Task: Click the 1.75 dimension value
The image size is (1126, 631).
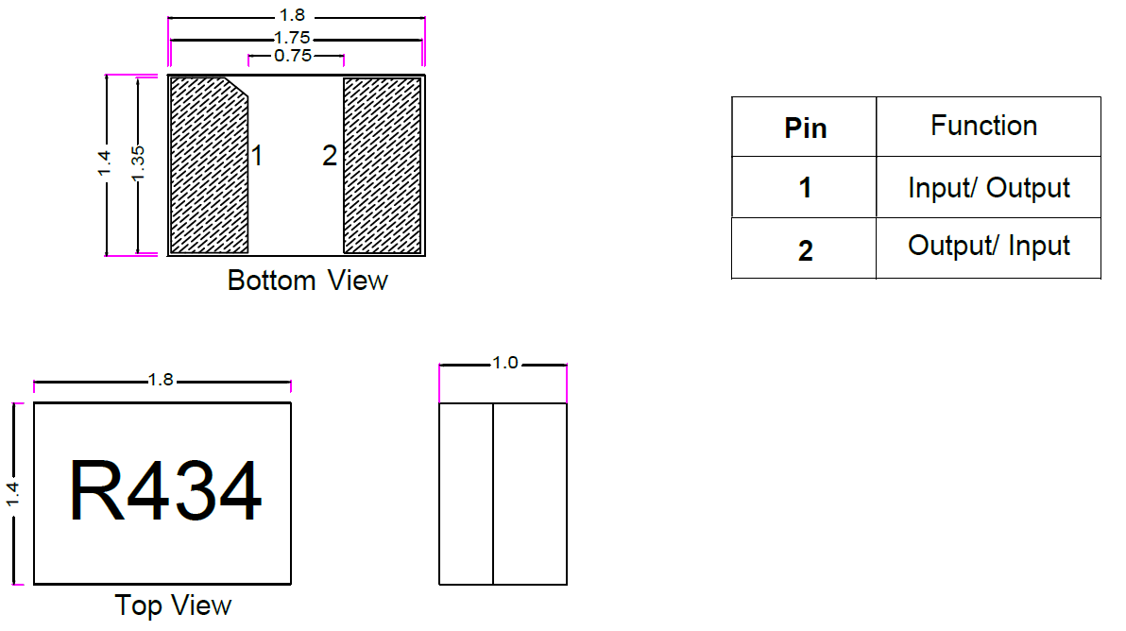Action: pyautogui.click(x=294, y=39)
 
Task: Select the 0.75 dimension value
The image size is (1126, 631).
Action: pyautogui.click(x=294, y=57)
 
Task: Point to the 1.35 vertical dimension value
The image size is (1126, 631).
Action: pyautogui.click(x=138, y=165)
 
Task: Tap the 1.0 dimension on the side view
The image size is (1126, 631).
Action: pyautogui.click(x=505, y=363)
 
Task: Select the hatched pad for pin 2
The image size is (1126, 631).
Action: pyautogui.click(x=382, y=165)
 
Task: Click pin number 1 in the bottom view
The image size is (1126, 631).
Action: pyautogui.click(x=256, y=156)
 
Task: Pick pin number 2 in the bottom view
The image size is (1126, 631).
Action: pyautogui.click(x=329, y=156)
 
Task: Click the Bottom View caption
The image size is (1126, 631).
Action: pyautogui.click(x=307, y=281)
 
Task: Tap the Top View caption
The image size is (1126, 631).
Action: pyautogui.click(x=173, y=605)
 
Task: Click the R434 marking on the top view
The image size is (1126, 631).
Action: pyautogui.click(x=165, y=492)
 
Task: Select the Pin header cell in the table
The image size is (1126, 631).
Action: pyautogui.click(x=805, y=128)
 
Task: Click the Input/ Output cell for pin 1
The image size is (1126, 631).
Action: pyautogui.click(x=988, y=188)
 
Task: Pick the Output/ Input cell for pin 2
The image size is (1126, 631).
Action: pyautogui.click(x=988, y=247)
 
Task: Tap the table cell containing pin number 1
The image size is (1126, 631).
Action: pyautogui.click(x=805, y=188)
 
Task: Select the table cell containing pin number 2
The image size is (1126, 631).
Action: pyautogui.click(x=805, y=250)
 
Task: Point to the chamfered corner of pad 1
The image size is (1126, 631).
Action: pyautogui.click(x=237, y=86)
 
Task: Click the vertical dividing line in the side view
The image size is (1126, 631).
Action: pyautogui.click(x=493, y=493)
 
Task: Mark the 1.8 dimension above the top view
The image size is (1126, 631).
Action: pyautogui.click(x=162, y=380)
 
